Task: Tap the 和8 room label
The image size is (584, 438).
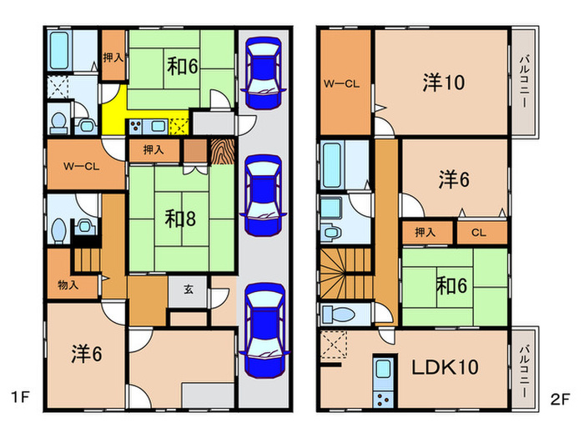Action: click(180, 219)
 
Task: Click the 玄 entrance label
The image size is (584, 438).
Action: click(189, 289)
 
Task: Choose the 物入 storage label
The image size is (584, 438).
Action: click(68, 285)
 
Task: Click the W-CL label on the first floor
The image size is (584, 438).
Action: click(82, 165)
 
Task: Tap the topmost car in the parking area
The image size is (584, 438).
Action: click(264, 73)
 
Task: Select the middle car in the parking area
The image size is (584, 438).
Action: click(264, 194)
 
